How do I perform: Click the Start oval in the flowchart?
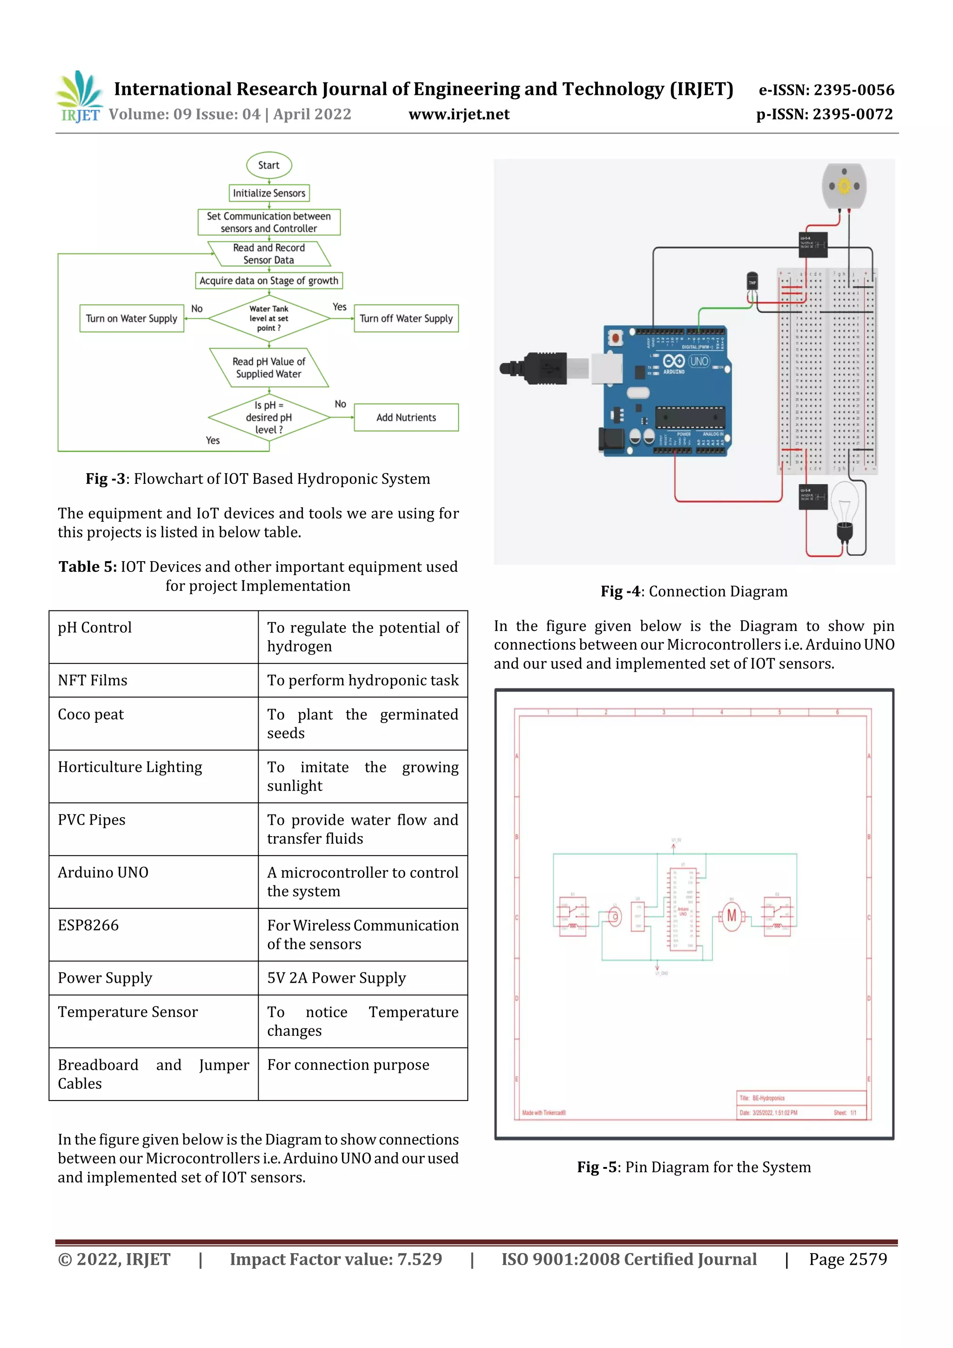coord(268,166)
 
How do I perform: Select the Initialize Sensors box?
coord(269,193)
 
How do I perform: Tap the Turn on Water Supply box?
coord(132,318)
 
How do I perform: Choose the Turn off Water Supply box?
coord(406,318)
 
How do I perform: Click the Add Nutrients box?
coord(406,417)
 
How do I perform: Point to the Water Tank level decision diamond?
coord(269,318)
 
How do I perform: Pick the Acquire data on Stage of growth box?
coord(269,281)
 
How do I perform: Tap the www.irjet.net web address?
coord(459,114)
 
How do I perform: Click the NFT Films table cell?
coord(153,680)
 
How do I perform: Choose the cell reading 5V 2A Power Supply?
coord(362,978)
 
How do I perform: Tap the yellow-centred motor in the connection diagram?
coord(844,187)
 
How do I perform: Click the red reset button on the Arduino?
coord(615,338)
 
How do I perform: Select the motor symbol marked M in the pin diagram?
coord(731,916)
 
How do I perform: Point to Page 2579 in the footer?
coord(847,1259)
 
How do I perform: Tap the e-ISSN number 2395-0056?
coord(826,90)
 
